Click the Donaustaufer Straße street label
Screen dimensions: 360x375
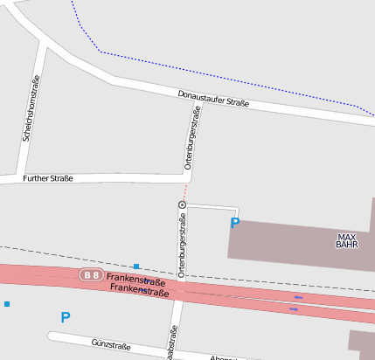[213, 99]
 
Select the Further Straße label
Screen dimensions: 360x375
[49, 178]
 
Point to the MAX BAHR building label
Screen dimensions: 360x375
[347, 240]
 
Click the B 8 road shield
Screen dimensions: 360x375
[92, 275]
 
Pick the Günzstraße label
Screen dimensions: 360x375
[111, 346]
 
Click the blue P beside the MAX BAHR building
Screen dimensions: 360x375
[234, 224]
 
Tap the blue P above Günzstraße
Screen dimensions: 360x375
[65, 317]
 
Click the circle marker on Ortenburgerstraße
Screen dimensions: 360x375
[182, 204]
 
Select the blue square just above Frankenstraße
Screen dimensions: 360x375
[136, 266]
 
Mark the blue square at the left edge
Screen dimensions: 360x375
[7, 304]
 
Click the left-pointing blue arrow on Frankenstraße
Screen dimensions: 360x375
[298, 297]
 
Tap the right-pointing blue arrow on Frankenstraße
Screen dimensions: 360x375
[294, 308]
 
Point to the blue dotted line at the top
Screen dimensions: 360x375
[219, 77]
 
